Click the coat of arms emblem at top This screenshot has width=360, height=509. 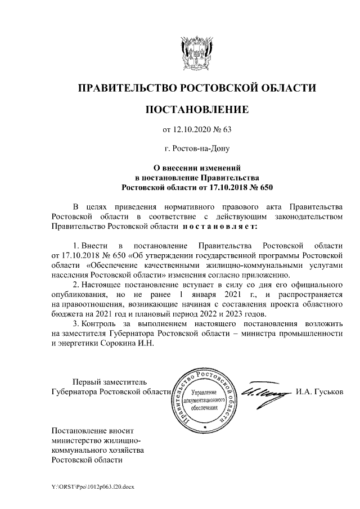tap(197, 51)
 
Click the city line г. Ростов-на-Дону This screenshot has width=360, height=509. tap(197, 149)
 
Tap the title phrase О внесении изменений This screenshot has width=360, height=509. tap(197, 167)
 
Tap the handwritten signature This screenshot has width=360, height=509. tap(264, 391)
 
